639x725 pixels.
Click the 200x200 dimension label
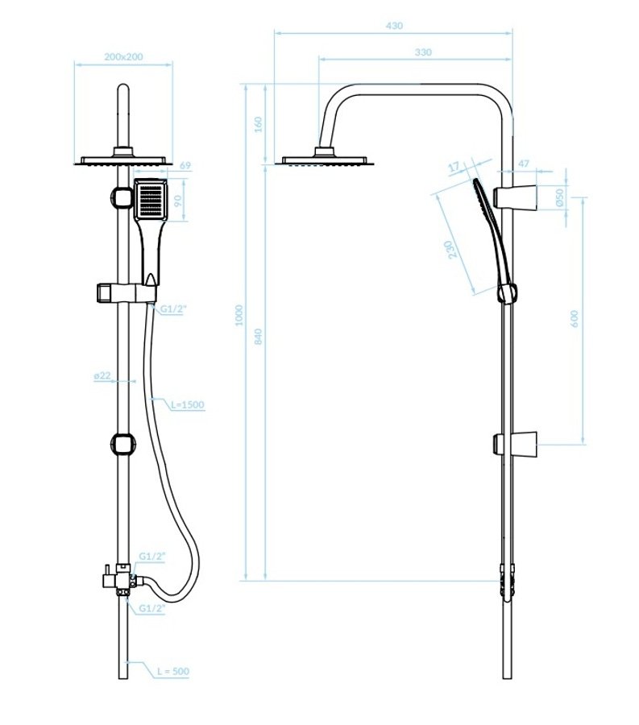pyautogui.click(x=123, y=56)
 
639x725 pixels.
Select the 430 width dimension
pyautogui.click(x=393, y=26)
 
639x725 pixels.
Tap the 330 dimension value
pyautogui.click(x=423, y=52)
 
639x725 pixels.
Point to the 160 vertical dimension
pyautogui.click(x=258, y=125)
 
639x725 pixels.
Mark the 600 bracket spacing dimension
pyautogui.click(x=574, y=320)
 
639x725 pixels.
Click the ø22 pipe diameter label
pyautogui.click(x=102, y=375)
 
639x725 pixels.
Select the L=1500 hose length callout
pyautogui.click(x=188, y=405)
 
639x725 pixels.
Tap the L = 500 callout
pyautogui.click(x=172, y=670)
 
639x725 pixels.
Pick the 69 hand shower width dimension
pyautogui.click(x=184, y=165)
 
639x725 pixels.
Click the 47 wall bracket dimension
pyautogui.click(x=523, y=164)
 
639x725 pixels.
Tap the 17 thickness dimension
pyautogui.click(x=453, y=167)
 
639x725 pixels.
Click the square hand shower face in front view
pyautogui.click(x=150, y=201)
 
